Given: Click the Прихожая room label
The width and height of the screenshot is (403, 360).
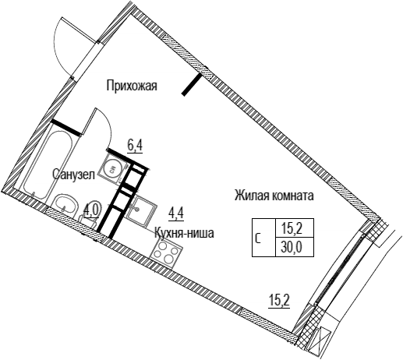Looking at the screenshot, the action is click(x=132, y=86).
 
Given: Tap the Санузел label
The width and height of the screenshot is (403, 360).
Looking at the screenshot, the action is click(x=73, y=175).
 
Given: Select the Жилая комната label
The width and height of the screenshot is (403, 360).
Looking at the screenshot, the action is click(x=274, y=196).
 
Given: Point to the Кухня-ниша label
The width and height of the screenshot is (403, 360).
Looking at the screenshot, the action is click(x=184, y=233).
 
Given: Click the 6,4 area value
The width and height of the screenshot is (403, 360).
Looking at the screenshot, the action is click(x=135, y=146).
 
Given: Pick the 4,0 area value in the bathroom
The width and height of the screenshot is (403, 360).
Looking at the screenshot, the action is click(x=91, y=210).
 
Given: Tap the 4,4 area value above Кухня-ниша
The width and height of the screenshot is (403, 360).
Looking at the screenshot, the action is click(x=176, y=214).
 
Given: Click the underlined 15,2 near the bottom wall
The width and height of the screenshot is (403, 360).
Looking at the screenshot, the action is click(x=279, y=301).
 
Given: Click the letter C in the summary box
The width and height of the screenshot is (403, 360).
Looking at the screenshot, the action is click(x=258, y=238).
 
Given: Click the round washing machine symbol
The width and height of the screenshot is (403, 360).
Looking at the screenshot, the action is click(x=112, y=170).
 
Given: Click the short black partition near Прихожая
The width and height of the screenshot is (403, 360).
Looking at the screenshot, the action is click(x=192, y=85).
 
